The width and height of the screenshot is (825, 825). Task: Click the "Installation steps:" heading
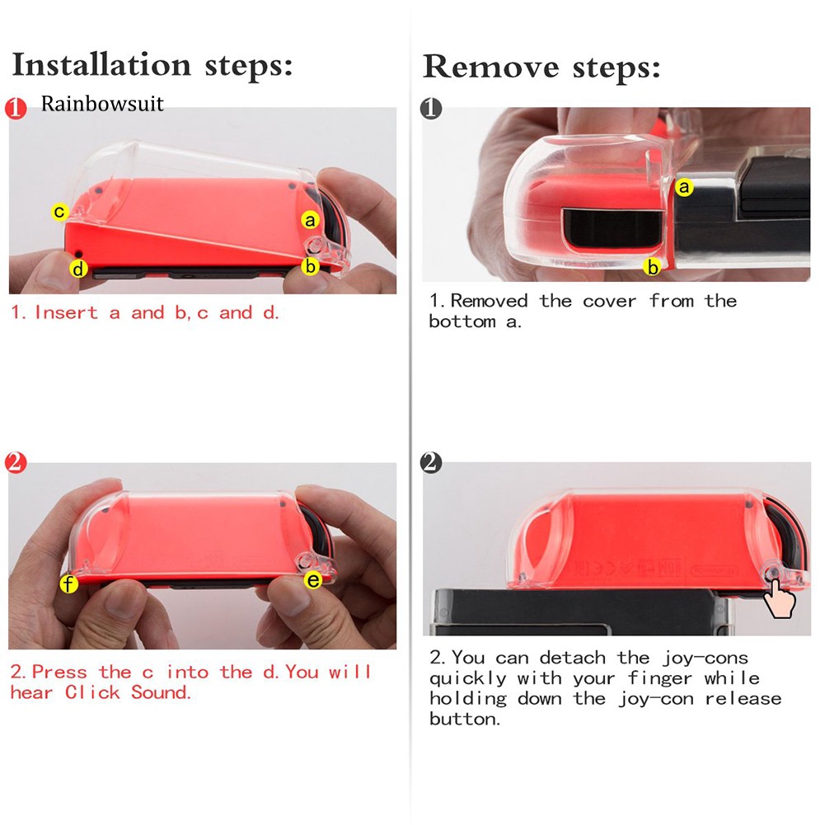tap(152, 65)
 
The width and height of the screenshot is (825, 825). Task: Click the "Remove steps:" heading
tap(541, 68)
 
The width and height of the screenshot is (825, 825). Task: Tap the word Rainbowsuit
tap(102, 104)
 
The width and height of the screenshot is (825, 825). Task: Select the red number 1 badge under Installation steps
tap(16, 109)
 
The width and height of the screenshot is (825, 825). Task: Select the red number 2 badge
tap(16, 462)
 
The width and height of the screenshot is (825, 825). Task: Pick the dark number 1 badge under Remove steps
tap(431, 109)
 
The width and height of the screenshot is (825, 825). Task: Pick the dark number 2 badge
tap(431, 462)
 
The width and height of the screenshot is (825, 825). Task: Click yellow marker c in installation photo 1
tap(59, 212)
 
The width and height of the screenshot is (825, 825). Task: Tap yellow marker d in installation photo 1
tap(78, 269)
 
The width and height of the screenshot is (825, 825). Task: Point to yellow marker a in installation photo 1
tap(311, 220)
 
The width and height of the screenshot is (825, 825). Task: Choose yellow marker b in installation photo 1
tap(311, 266)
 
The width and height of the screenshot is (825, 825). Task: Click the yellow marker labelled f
tap(68, 584)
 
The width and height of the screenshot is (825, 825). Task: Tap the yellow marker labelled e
tap(313, 580)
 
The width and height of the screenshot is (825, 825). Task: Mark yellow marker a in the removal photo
tap(684, 187)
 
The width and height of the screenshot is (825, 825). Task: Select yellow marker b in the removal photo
tap(653, 267)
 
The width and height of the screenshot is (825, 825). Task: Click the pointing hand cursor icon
tap(779, 598)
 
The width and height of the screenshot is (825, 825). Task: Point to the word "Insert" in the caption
tap(66, 312)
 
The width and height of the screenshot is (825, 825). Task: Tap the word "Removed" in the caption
tap(489, 301)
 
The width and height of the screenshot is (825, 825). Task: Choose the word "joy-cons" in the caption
tap(705, 659)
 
